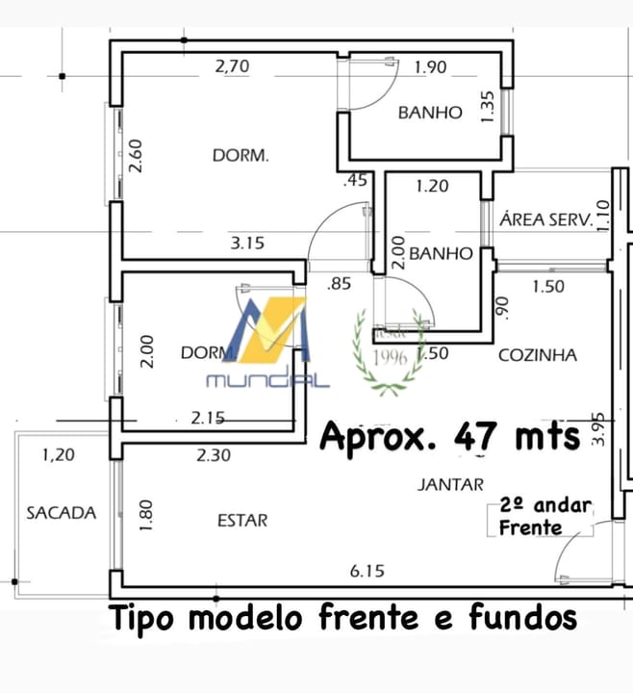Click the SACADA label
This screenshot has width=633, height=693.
click(x=62, y=513)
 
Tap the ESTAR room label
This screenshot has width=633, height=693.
click(x=242, y=521)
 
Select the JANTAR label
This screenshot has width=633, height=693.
click(x=450, y=485)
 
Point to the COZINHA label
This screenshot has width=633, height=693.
click(x=538, y=355)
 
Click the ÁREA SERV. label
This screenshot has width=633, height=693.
click(x=544, y=219)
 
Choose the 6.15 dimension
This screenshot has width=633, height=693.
click(x=367, y=571)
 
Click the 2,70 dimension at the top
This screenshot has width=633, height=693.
click(x=232, y=67)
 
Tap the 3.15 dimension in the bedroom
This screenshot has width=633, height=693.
click(x=247, y=244)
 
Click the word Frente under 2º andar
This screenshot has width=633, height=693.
click(x=530, y=527)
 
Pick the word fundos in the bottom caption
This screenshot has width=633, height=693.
click(x=523, y=618)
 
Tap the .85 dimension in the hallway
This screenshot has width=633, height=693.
click(x=339, y=284)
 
